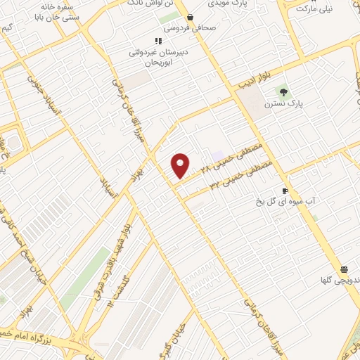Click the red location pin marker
click(181, 165)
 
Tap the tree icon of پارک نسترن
click(284, 92)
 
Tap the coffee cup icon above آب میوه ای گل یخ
click(285, 191)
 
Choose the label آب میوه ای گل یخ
click(288, 202)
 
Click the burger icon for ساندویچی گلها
click(345, 269)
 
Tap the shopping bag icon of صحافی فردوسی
click(190, 18)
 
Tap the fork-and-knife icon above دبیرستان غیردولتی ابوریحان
click(159, 41)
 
